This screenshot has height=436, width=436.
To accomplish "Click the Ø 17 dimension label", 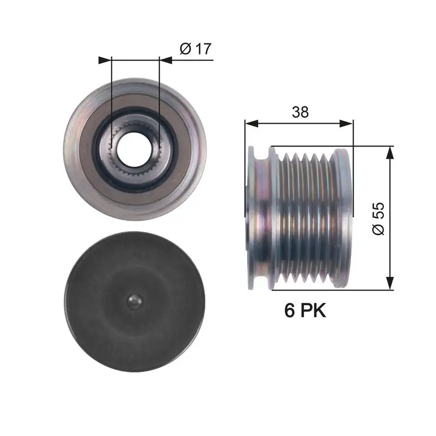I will [x=195, y=49].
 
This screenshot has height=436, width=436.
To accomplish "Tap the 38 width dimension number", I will [x=300, y=112].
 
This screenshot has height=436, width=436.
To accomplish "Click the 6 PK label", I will [x=305, y=311].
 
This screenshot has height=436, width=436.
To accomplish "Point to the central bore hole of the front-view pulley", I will [x=134, y=148].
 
